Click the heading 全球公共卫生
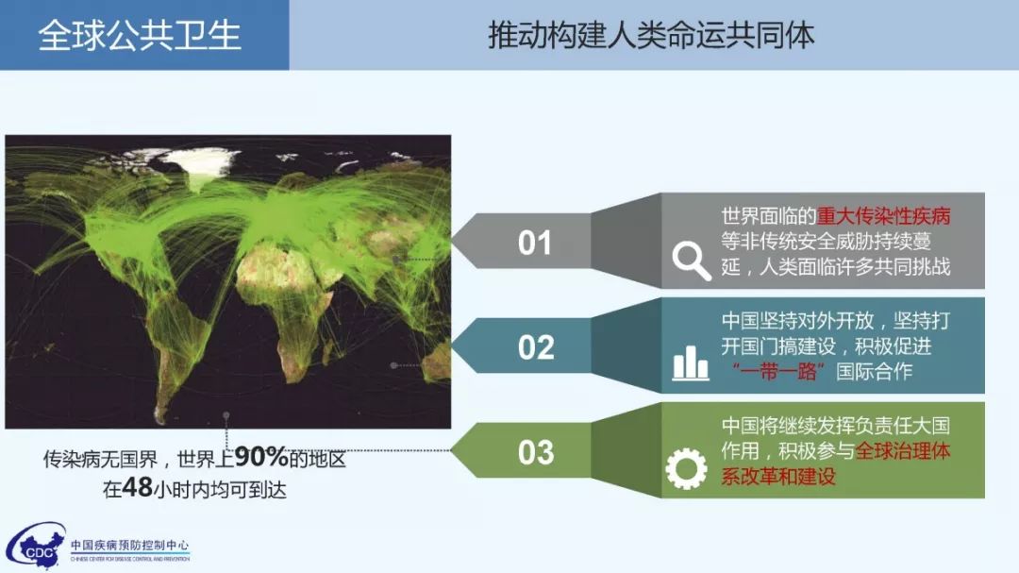pos(140,35)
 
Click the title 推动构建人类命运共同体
pos(651,35)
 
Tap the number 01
pos(535,243)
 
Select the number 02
pos(536,347)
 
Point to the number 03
pos(536,452)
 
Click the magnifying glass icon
pos(692,261)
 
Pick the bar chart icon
pos(690,362)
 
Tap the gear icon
pos(686,468)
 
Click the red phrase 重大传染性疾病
pos(883,216)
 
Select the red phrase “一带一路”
pos(777,371)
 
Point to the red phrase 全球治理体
pos(903,450)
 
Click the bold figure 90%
pos(261,457)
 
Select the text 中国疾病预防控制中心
pos(130,545)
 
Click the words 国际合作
pos(874,371)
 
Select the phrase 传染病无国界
pos(101,459)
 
